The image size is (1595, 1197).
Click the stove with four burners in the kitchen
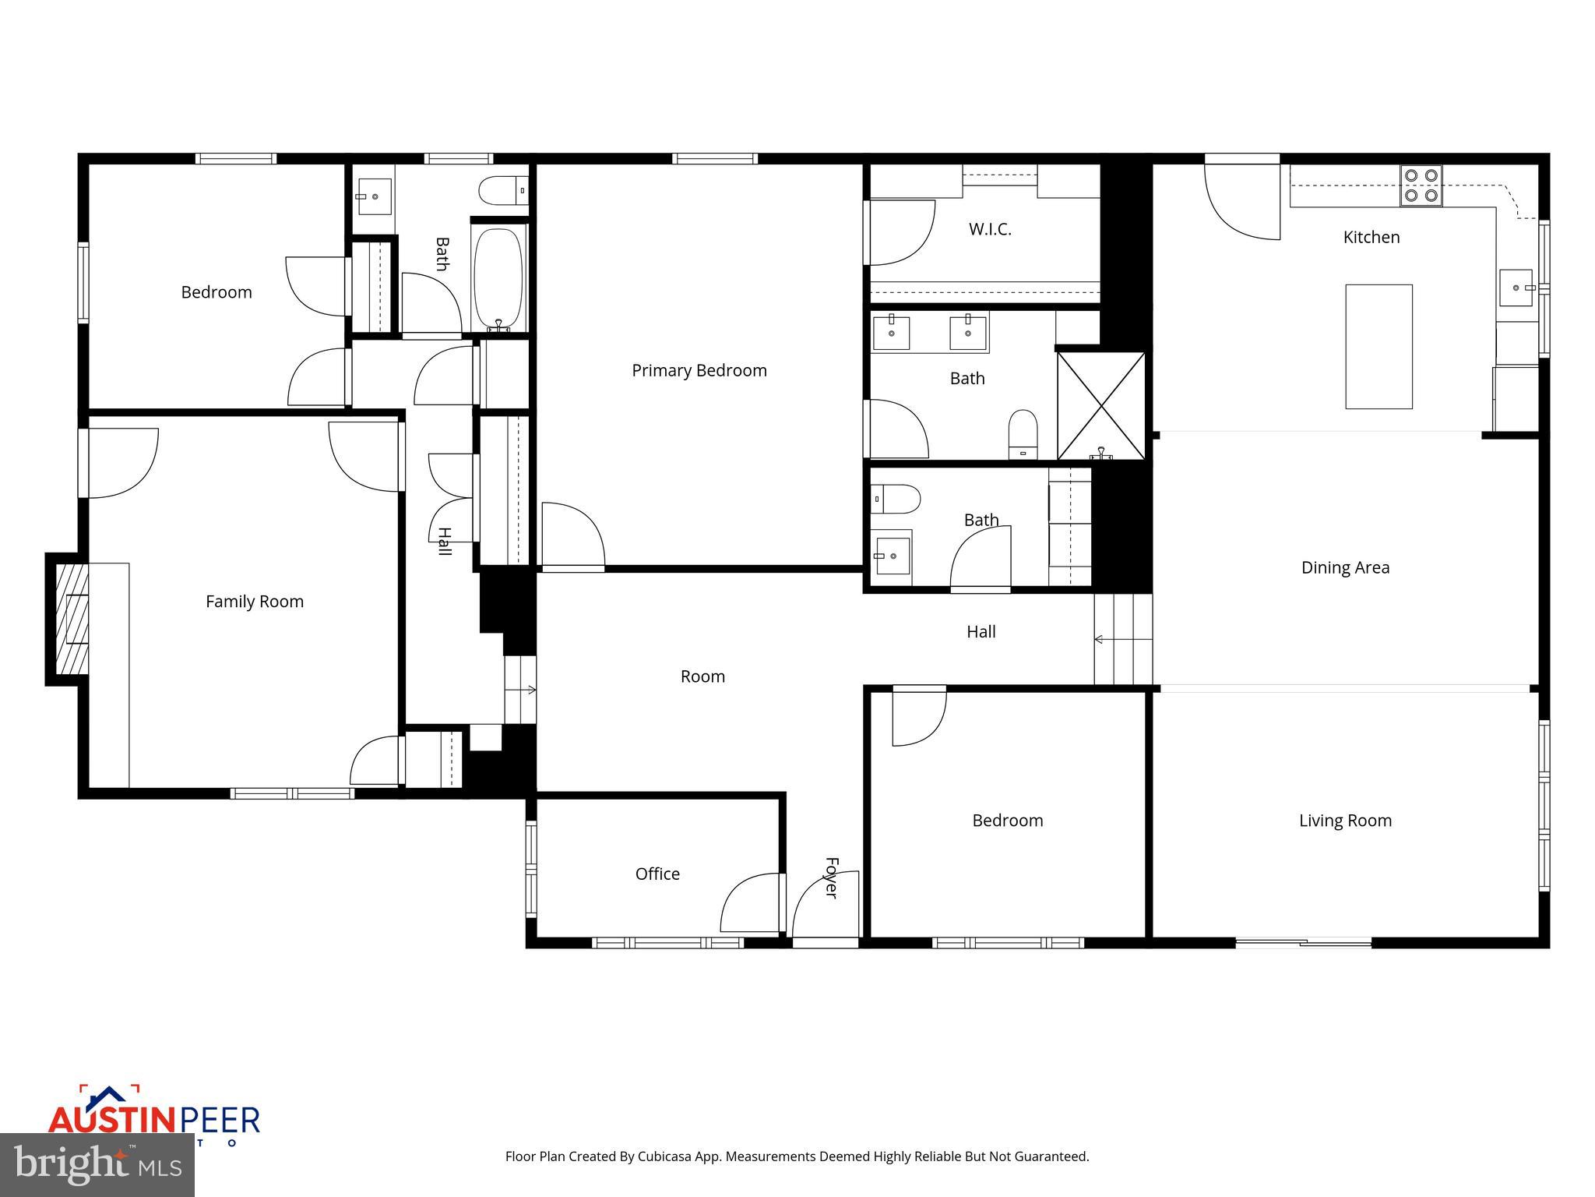click(x=1421, y=185)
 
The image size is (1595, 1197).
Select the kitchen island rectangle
click(x=1378, y=346)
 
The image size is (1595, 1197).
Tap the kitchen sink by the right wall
click(x=1516, y=288)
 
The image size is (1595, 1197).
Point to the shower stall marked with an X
click(x=1101, y=405)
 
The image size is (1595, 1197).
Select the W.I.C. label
click(x=990, y=229)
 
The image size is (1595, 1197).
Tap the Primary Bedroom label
click(x=699, y=370)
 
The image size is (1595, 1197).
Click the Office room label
click(x=657, y=874)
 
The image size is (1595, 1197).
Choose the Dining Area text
click(x=1345, y=567)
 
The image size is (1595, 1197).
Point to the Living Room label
click(x=1345, y=820)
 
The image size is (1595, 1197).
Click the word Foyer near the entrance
click(x=831, y=878)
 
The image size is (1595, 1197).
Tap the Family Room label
click(x=254, y=601)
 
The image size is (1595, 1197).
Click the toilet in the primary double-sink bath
click(x=1023, y=433)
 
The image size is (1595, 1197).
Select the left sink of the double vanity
click(x=890, y=333)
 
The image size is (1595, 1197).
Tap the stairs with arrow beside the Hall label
click(x=1122, y=639)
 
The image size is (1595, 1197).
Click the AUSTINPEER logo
click(x=153, y=1119)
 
